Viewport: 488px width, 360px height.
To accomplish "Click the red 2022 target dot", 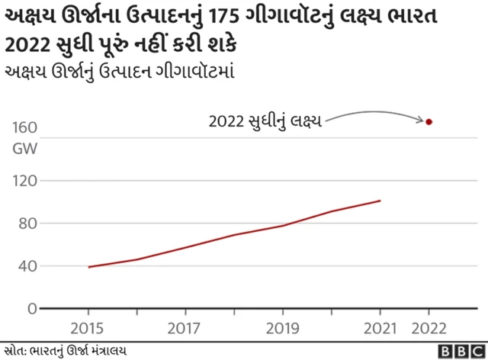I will [x=429, y=121].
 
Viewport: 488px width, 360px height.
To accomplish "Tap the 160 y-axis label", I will [x=25, y=127].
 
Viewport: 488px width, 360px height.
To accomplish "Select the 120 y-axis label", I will [x=25, y=181].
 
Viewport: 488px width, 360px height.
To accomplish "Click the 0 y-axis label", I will [x=32, y=309].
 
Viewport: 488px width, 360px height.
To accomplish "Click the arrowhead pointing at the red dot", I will [x=419, y=120].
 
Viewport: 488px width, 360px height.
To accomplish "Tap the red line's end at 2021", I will [x=380, y=201].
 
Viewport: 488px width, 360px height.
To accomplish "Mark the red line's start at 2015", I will [x=88, y=267].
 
